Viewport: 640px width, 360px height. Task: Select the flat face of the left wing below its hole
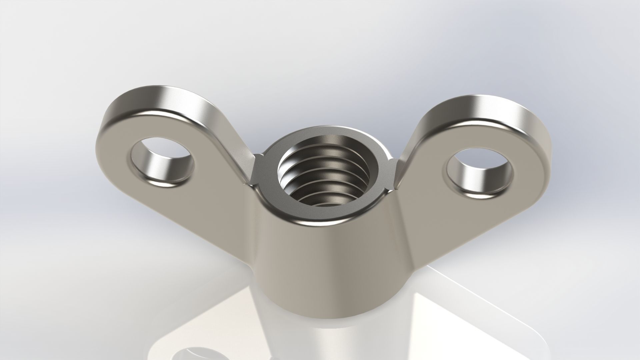coord(187,207)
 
